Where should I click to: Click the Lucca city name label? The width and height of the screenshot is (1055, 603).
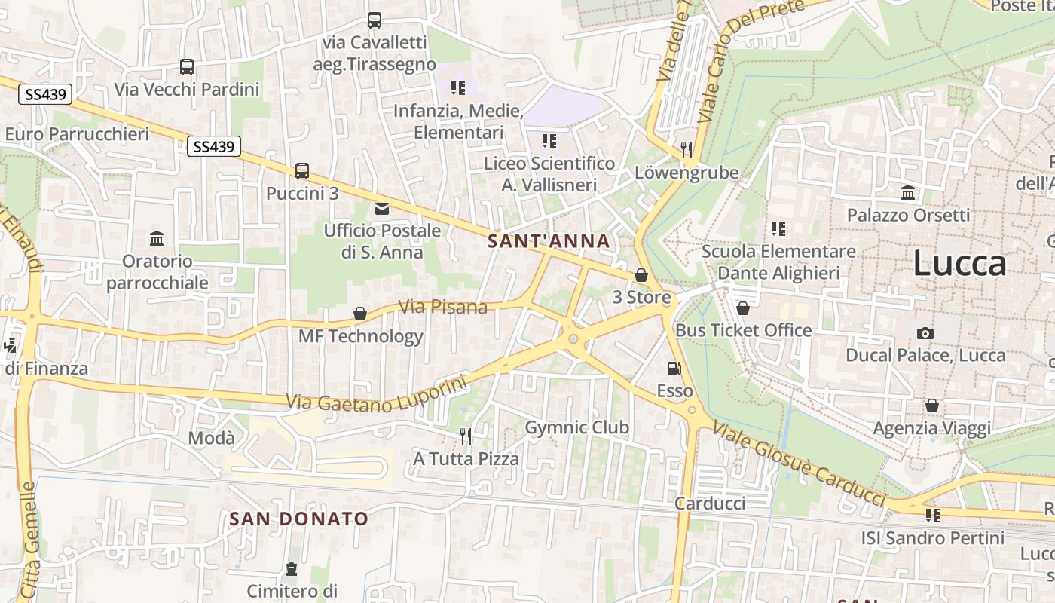point(959,264)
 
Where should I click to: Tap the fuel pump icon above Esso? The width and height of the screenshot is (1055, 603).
point(674,369)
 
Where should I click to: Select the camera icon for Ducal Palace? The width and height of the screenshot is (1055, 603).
point(925,333)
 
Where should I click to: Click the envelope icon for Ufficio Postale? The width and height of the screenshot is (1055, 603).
point(382,208)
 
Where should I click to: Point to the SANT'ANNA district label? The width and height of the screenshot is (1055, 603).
point(549,241)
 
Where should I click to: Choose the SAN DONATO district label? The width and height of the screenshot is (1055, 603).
point(299,519)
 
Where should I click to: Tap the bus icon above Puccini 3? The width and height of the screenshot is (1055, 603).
point(302,171)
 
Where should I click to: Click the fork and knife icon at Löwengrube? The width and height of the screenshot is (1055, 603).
point(686,149)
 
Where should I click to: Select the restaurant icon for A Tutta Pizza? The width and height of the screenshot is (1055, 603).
point(466,436)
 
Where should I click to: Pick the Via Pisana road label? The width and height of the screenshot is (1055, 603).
point(443,307)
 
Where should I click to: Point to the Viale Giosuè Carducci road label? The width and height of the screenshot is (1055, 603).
point(799,463)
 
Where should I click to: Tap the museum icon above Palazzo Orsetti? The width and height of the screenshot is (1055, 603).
point(908,193)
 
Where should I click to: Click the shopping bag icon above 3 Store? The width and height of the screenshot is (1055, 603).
point(641,275)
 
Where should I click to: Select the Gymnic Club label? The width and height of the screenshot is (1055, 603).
point(576,427)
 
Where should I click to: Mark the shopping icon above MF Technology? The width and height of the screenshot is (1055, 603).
point(360,314)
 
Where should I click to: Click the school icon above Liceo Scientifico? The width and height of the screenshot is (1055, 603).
point(549,141)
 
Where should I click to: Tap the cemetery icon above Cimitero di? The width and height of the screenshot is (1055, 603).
point(292,568)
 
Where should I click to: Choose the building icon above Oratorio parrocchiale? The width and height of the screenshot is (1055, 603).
point(157,239)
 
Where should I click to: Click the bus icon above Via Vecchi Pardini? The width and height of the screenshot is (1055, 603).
point(187,67)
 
